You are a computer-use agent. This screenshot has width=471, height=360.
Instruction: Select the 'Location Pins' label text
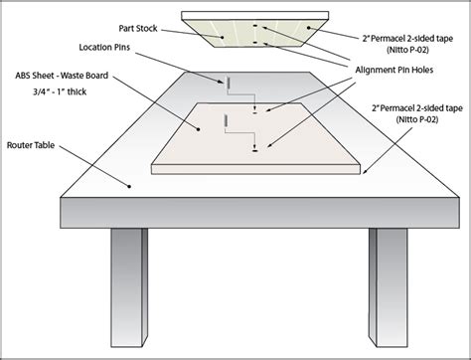104,47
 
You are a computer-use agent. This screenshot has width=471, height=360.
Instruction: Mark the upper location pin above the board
228,83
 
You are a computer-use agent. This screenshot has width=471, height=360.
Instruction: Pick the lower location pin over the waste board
228,121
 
